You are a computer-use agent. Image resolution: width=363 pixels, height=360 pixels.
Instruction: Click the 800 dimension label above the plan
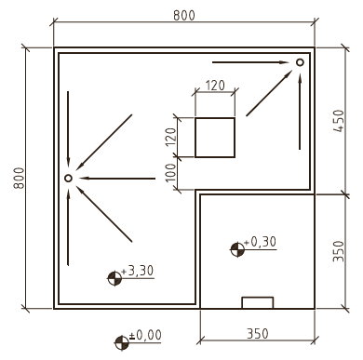184,15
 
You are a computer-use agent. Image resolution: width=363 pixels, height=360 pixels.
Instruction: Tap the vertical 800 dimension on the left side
19,178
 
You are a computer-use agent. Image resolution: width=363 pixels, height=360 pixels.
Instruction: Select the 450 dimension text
339,121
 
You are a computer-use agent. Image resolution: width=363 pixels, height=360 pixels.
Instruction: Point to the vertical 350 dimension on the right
339,251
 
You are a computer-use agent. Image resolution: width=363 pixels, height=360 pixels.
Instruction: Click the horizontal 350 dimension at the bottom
258,334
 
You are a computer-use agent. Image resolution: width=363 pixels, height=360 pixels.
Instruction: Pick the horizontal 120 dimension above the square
215,86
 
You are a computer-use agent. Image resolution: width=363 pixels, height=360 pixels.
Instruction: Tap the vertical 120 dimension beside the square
171,138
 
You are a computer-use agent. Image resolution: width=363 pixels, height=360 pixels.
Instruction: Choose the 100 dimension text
171,173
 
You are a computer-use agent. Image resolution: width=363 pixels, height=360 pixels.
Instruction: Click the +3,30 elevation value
138,271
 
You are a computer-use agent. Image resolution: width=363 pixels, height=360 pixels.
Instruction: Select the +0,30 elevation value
260,242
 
